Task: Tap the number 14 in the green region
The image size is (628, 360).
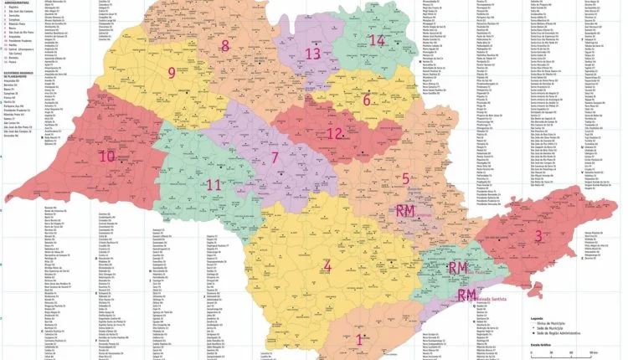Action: [x=377, y=40]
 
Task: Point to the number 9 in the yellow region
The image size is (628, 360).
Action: [x=172, y=73]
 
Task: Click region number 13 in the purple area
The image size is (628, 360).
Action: [x=312, y=54]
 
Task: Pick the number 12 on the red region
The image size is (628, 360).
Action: [x=366, y=101]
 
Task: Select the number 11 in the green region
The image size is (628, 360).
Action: [x=214, y=184]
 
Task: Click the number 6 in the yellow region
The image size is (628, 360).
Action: [x=366, y=101]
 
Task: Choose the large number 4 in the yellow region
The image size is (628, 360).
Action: [x=327, y=267]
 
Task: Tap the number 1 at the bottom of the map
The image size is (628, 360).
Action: [x=360, y=339]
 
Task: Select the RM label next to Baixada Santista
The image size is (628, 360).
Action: [x=466, y=296]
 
